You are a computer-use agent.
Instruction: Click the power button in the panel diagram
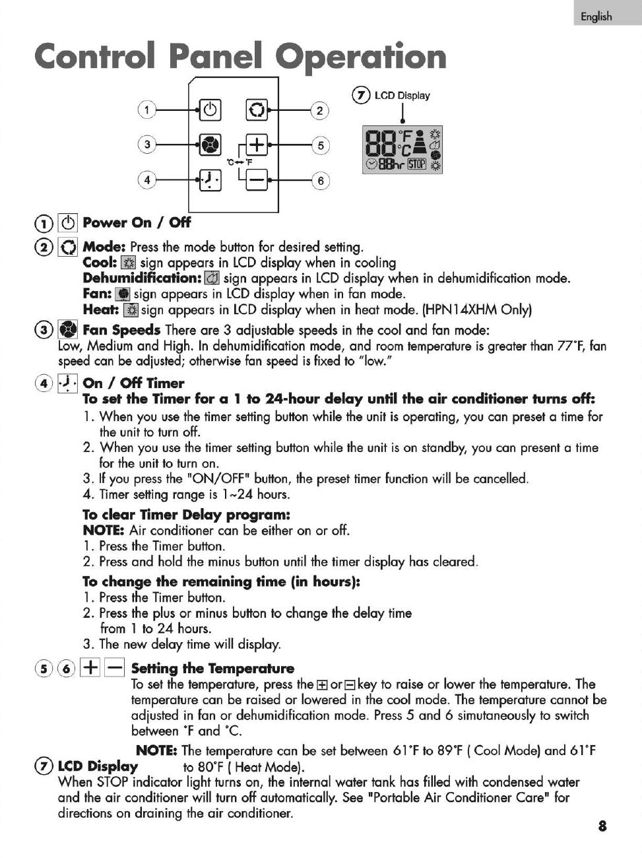point(210,110)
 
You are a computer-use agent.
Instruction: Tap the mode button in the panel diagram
point(257,110)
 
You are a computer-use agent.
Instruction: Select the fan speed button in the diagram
point(210,144)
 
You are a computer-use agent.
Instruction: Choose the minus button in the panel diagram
point(257,179)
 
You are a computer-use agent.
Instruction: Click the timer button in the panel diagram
point(210,179)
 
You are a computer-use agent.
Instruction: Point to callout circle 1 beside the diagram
point(146,110)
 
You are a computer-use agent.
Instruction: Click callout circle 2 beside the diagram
point(319,110)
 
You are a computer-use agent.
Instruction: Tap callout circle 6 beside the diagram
point(319,180)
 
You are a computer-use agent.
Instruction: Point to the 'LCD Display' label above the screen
point(402,96)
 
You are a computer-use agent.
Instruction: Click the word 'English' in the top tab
point(596,16)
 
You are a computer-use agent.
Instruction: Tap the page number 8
point(602,826)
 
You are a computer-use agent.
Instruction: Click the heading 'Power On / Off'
point(137,222)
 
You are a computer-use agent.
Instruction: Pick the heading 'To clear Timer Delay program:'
point(186,515)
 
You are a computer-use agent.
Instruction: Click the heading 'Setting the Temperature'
point(212,669)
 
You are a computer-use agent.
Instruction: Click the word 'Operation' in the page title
point(360,56)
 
